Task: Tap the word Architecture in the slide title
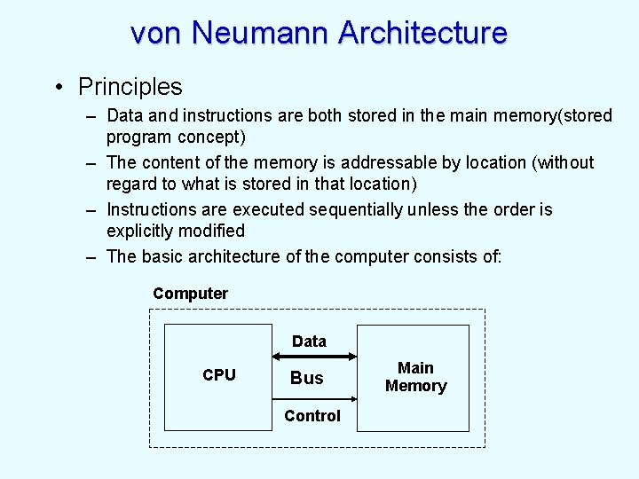(x=422, y=33)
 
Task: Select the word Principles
(x=130, y=87)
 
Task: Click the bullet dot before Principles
(x=56, y=87)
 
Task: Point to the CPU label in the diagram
(x=219, y=375)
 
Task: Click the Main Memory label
(x=415, y=377)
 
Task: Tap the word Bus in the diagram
(x=307, y=378)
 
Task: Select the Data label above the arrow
(x=309, y=342)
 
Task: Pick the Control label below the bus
(x=312, y=416)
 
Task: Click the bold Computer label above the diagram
(x=190, y=294)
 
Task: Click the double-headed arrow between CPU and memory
(x=313, y=359)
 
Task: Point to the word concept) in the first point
(x=211, y=137)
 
